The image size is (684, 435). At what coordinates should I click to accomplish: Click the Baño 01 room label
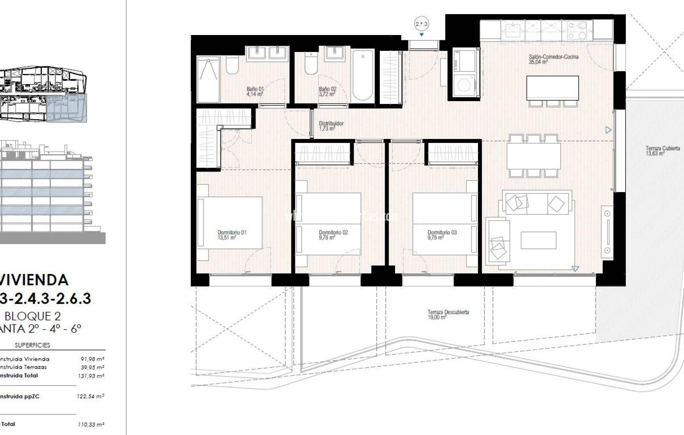click(255, 91)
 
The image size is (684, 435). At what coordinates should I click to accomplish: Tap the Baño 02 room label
click(328, 91)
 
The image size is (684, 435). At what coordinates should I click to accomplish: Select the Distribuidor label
click(331, 126)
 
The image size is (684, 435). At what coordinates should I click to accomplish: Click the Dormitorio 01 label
click(232, 235)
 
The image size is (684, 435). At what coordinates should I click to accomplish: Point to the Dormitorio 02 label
click(333, 235)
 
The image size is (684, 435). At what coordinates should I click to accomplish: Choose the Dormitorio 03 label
click(442, 235)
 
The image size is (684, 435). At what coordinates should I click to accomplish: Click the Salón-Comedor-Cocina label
click(553, 59)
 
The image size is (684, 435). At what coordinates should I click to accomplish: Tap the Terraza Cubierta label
click(662, 151)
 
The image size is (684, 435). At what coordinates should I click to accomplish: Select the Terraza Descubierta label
click(448, 315)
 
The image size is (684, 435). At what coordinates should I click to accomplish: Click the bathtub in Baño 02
click(363, 75)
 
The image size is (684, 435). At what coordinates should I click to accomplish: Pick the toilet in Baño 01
click(232, 65)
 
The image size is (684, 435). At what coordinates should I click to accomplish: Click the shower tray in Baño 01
click(208, 79)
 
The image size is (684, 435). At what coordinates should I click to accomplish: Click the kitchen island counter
click(552, 87)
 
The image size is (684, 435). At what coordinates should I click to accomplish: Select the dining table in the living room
click(533, 156)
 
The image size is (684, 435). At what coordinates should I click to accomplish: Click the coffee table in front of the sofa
click(538, 240)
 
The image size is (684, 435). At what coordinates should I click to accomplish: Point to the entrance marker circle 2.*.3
click(421, 24)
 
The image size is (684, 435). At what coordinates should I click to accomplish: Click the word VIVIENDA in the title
click(34, 280)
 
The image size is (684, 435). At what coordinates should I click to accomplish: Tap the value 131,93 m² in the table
click(91, 376)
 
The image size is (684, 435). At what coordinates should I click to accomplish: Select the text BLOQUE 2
click(32, 316)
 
